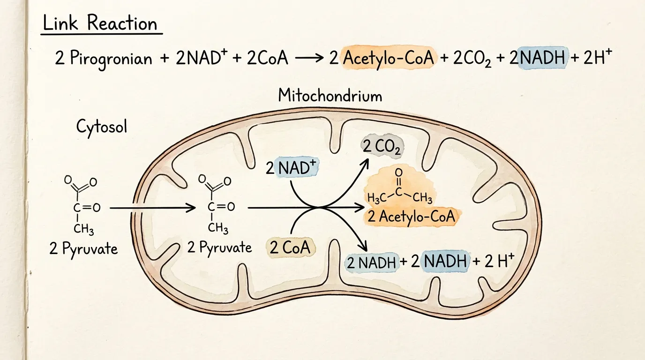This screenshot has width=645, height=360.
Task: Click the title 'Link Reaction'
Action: [x=100, y=23]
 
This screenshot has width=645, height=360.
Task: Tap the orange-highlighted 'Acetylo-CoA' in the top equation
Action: [x=389, y=58]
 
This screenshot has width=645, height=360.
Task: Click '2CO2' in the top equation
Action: [x=472, y=59]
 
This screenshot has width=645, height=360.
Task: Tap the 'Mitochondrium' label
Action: [x=330, y=96]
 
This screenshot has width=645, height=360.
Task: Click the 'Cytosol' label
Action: [x=102, y=127]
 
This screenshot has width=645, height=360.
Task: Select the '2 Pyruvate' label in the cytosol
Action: [x=83, y=248]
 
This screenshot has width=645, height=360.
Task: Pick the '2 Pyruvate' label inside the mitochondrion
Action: [x=219, y=247]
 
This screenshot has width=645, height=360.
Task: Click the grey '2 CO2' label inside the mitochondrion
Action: [x=382, y=147]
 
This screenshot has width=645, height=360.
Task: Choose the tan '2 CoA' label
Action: [x=290, y=247]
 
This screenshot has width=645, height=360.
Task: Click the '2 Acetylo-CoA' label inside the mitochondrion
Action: [x=412, y=217]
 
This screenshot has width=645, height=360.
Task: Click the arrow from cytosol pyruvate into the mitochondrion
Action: [x=153, y=208]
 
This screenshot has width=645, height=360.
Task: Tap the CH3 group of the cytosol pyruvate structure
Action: [x=83, y=229]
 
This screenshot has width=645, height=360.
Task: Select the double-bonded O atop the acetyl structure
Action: [x=398, y=172]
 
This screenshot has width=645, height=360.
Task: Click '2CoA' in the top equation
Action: [x=267, y=58]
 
